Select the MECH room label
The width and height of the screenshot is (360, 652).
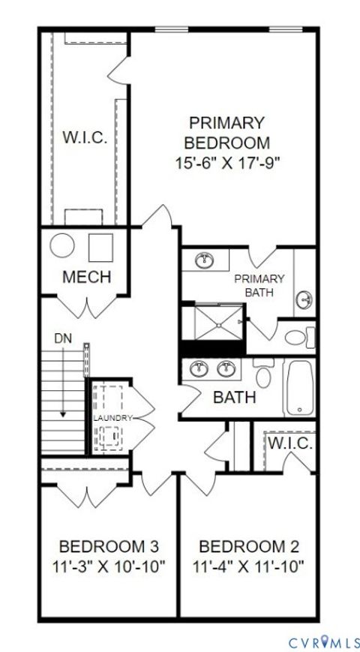pyautogui.click(x=86, y=277)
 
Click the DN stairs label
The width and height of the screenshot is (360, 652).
pyautogui.click(x=63, y=338)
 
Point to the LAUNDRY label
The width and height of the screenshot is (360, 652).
pyautogui.click(x=112, y=417)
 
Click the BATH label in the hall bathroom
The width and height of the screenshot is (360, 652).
pyautogui.click(x=235, y=397)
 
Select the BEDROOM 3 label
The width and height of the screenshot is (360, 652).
pyautogui.click(x=108, y=545)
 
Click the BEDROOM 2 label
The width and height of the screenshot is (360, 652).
pyautogui.click(x=248, y=545)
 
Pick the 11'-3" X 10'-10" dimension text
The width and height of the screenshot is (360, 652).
pyautogui.click(x=108, y=566)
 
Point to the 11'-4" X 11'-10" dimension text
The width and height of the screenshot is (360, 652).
pyautogui.click(x=248, y=566)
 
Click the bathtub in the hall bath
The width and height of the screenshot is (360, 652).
pyautogui.click(x=298, y=388)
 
